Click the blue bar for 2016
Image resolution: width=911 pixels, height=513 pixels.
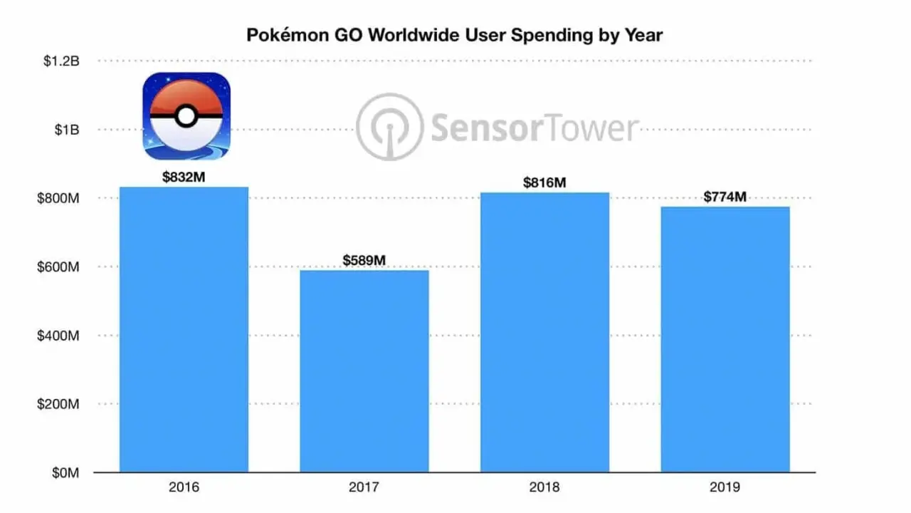[184, 329]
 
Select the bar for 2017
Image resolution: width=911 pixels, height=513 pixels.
[364, 370]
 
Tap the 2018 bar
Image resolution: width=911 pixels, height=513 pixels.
[545, 332]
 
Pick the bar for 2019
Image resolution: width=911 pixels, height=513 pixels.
[725, 339]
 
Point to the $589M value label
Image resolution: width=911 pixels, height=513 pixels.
[364, 261]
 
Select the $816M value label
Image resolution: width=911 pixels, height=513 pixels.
[544, 183]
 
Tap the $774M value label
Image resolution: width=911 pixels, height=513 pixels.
[725, 197]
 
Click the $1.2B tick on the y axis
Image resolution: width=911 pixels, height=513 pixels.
[61, 61]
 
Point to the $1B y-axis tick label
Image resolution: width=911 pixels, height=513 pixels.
[65, 130]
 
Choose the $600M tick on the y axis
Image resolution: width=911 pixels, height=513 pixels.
[58, 267]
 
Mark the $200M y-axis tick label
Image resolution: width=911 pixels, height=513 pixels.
[58, 404]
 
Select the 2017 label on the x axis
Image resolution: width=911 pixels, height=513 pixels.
[364, 488]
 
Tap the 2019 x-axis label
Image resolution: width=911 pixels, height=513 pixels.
[725, 488]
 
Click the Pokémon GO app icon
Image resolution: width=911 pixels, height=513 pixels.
[186, 116]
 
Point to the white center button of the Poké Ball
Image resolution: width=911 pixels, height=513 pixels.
[186, 116]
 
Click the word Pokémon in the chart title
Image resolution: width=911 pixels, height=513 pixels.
[280, 35]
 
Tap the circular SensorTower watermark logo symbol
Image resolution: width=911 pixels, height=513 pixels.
[389, 127]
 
